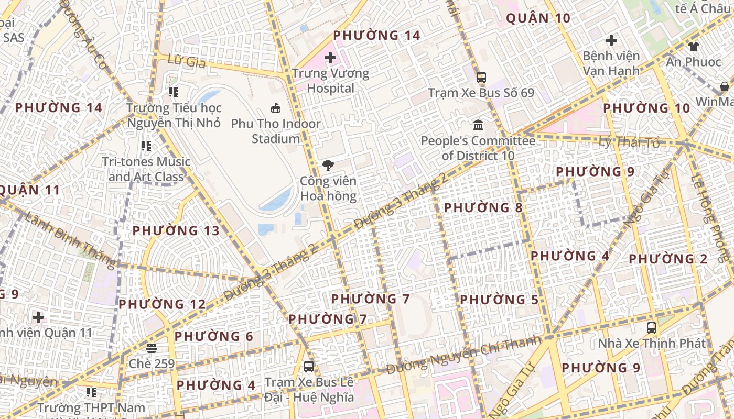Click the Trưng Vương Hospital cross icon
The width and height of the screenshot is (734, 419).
330,57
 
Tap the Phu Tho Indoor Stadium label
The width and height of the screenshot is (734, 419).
276,131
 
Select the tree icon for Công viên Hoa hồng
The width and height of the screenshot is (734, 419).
328,166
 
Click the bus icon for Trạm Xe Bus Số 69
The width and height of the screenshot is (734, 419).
481,78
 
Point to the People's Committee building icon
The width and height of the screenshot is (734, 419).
478,125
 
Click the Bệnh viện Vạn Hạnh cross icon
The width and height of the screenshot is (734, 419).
611,40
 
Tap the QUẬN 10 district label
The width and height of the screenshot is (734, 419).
538,18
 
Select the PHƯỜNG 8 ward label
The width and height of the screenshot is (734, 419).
483,208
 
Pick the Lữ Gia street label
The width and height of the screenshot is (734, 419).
187,61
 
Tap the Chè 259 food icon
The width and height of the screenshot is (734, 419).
152,348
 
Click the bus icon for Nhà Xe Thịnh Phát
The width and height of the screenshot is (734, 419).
652,328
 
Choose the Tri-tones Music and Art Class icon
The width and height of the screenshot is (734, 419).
146,146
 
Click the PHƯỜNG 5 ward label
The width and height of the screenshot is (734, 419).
499,300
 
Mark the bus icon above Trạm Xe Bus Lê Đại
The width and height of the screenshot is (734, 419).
309,366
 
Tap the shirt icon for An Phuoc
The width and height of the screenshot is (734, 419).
694,47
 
